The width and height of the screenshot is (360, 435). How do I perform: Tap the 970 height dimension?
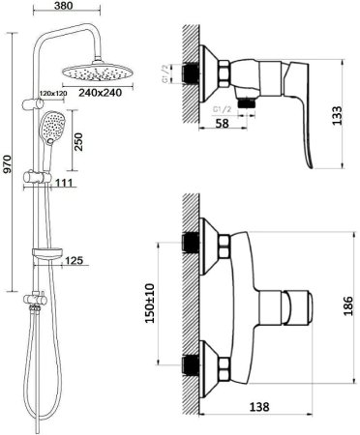pos(7,164)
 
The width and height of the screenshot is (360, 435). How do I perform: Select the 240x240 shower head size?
pos(101,93)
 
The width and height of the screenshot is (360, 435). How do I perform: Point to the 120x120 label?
pos(53,93)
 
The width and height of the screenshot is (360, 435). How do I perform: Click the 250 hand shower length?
pos(78,142)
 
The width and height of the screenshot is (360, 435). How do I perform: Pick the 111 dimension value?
pos(64,183)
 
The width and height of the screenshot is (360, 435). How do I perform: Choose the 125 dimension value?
pos(75,260)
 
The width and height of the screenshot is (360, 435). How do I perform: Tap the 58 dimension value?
pos(222,123)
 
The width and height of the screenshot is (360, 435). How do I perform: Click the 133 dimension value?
pos(338,115)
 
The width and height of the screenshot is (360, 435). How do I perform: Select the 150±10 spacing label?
pos(150,304)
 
